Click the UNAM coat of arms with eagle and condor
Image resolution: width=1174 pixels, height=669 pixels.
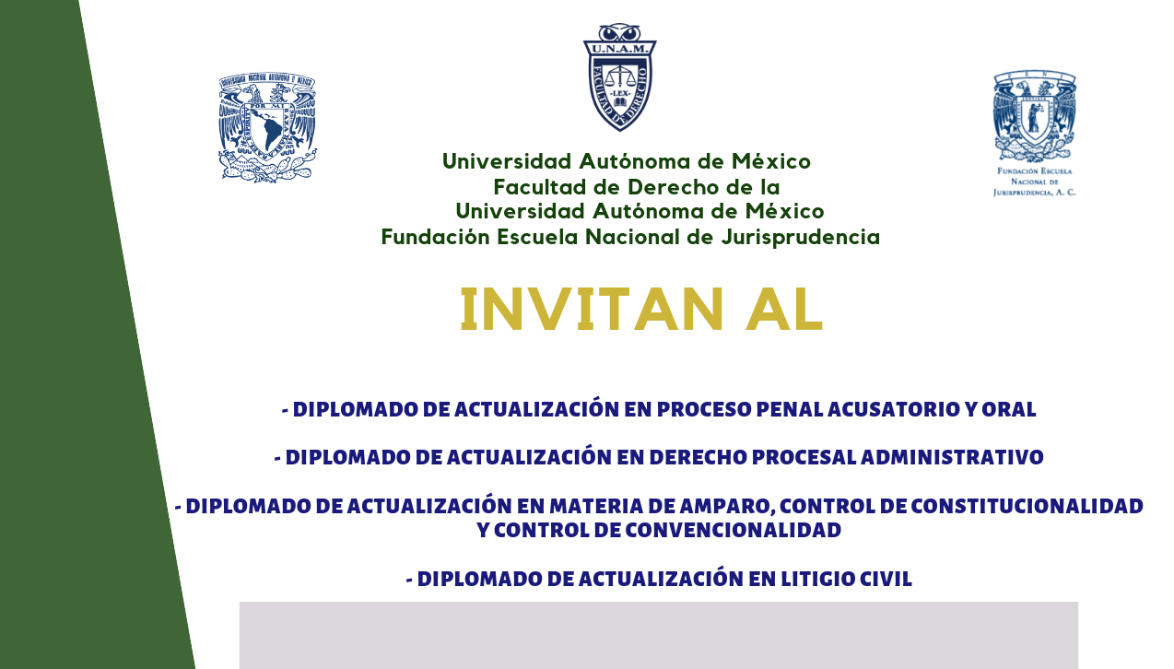267,127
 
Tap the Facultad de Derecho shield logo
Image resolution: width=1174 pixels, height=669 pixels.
619,77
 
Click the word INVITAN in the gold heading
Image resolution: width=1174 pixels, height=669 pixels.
592,310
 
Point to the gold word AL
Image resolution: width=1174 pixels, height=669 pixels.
784,310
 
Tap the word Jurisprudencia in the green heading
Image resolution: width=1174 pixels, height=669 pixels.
800,237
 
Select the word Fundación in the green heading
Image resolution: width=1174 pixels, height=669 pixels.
435,237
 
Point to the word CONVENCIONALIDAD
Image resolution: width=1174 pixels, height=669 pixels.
734,530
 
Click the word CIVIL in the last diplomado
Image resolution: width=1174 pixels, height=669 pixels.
885,579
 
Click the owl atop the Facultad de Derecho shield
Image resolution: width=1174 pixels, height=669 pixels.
619,32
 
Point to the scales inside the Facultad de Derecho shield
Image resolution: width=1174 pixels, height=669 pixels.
619,77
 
